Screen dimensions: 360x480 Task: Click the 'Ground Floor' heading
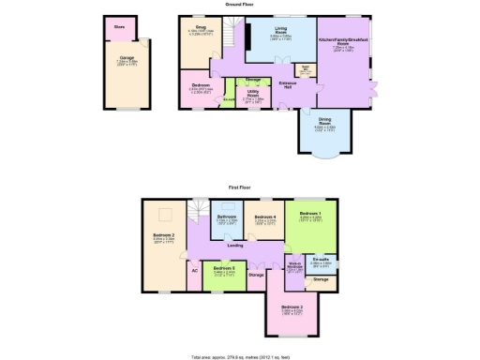[x=237, y=5]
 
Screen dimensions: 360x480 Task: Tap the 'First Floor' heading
[x=237, y=187]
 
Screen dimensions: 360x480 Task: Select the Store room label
[x=119, y=27]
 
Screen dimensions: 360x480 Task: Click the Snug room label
[x=200, y=28]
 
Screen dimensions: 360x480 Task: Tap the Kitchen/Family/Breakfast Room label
[x=342, y=42]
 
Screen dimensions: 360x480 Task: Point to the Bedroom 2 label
[x=164, y=235]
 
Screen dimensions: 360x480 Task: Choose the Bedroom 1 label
[x=310, y=214]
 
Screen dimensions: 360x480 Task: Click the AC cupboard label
[x=195, y=270]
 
